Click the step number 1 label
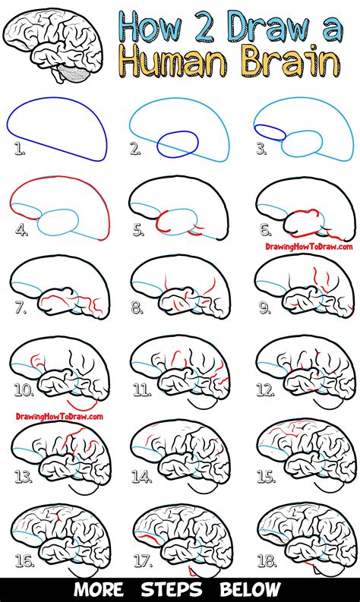tap(18, 150)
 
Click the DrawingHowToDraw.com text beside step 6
tap(308, 246)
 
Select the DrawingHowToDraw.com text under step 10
tap(59, 415)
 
